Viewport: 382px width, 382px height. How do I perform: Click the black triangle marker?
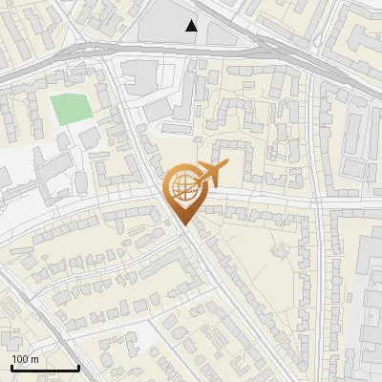tap(192, 26)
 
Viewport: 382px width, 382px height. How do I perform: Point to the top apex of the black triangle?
tap(192, 20)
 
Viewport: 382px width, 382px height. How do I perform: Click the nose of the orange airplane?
tap(225, 165)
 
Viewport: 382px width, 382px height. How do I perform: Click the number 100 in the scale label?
tap(20, 359)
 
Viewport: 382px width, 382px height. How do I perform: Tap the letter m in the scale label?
tap(34, 359)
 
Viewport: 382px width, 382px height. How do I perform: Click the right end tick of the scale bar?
tap(78, 368)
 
